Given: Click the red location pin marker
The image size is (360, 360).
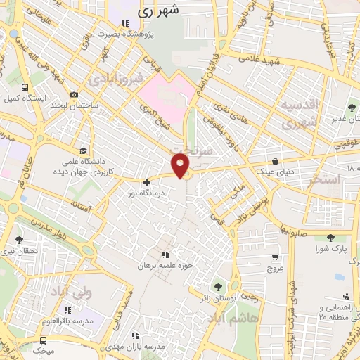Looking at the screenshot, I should pyautogui.click(x=182, y=167).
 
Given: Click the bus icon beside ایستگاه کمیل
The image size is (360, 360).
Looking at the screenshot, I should pyautogui.click(x=25, y=88).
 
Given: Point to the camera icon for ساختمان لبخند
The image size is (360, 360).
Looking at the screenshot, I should pyautogui.click(x=75, y=95).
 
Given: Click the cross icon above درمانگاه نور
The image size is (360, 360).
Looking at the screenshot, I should pyautogui.click(x=146, y=182).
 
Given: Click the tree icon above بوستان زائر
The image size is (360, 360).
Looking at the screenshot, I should pyautogui.click(x=217, y=286).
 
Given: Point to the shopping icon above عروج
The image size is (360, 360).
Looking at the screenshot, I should pyautogui.click(x=274, y=257).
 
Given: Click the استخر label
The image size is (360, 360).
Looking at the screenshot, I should pyautogui.click(x=324, y=180).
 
